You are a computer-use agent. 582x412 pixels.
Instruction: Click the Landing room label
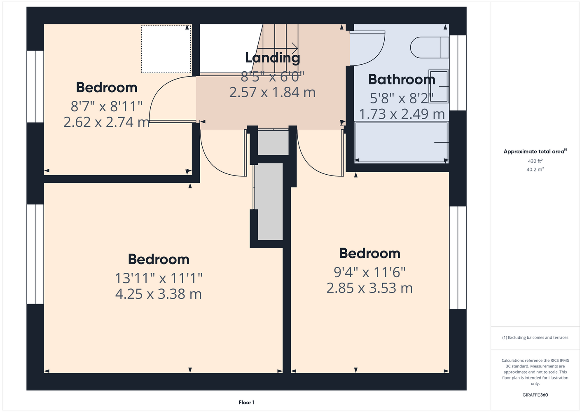click(x=273, y=58)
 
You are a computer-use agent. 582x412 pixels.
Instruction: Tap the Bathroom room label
click(x=402, y=79)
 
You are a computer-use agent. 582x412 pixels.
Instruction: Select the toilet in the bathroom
click(x=430, y=47)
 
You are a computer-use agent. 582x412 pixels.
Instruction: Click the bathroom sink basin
click(x=439, y=86)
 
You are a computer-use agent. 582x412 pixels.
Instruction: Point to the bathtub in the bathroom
click(x=402, y=143)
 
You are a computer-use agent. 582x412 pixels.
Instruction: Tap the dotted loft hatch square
click(x=166, y=49)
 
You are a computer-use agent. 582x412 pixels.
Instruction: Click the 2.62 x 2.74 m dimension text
click(x=107, y=122)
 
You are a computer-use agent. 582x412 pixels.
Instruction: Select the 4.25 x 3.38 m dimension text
click(x=158, y=294)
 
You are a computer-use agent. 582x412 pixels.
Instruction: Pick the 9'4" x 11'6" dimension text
click(x=369, y=272)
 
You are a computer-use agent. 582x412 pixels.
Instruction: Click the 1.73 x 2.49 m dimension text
click(x=402, y=114)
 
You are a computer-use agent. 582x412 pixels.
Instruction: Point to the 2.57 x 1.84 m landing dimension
click(x=272, y=93)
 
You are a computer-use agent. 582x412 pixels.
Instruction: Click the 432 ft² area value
click(x=535, y=161)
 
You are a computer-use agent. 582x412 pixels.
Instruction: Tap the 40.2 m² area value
click(x=535, y=169)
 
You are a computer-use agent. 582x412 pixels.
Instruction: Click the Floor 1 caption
click(x=247, y=403)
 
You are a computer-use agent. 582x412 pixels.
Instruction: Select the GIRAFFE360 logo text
click(x=535, y=395)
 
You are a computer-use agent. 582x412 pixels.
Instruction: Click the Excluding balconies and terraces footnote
click(x=535, y=337)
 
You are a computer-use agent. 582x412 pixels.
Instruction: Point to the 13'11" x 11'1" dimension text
click(x=159, y=279)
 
